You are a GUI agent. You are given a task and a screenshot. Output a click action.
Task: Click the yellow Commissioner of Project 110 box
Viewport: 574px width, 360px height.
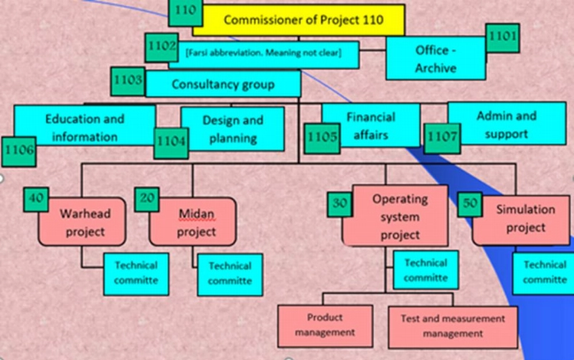coord(298,20)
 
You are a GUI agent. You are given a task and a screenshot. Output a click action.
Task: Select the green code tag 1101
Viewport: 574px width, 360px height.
coord(503,38)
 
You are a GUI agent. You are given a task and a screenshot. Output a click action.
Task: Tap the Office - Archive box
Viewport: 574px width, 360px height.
coord(436,59)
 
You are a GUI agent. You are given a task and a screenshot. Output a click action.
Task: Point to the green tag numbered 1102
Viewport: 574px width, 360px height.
coord(161,47)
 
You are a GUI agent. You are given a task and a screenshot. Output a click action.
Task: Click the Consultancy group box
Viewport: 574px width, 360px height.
coord(223,84)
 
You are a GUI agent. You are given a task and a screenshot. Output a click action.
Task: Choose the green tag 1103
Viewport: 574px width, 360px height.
coord(128,82)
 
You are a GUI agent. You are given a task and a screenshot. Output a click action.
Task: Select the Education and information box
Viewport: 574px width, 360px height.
coord(85,125)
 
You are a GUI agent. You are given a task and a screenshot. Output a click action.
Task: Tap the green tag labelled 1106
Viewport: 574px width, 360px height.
coord(19,151)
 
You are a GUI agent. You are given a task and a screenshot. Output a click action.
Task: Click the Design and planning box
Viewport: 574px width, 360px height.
coord(232,129)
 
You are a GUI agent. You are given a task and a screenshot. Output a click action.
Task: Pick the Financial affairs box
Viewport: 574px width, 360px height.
coord(371,125)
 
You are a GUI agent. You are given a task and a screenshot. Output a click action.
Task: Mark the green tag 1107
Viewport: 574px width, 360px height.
coord(442,138)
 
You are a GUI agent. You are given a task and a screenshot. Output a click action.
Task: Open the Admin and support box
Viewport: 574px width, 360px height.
coord(507,123)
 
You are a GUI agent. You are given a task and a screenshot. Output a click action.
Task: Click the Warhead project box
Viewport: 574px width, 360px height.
coord(82,222)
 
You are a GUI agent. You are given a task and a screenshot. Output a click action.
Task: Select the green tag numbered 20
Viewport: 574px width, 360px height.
coord(147,199)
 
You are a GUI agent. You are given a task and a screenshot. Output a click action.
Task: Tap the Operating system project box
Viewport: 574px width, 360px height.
coord(395,216)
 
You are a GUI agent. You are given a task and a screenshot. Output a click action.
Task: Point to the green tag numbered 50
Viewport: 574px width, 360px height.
coord(470,204)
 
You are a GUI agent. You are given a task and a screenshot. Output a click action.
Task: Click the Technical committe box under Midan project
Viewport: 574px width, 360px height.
coord(230,275)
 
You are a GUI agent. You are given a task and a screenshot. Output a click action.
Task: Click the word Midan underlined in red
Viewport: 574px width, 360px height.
coord(196,214)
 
